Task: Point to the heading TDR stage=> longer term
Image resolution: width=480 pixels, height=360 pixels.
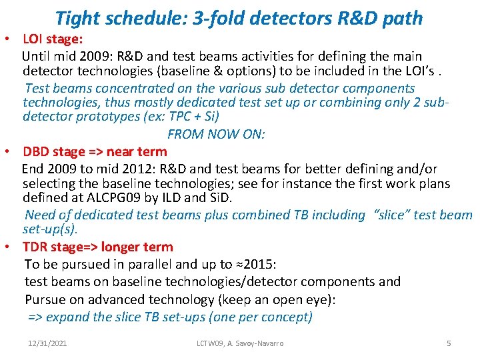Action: pyautogui.click(x=97, y=247)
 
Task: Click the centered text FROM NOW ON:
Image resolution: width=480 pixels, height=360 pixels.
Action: pyautogui.click(x=216, y=134)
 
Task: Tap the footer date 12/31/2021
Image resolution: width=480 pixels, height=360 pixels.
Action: pyautogui.click(x=47, y=343)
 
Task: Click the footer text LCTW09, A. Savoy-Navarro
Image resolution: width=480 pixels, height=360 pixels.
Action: pyautogui.click(x=240, y=343)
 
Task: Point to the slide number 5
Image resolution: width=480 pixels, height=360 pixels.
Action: pyautogui.click(x=449, y=343)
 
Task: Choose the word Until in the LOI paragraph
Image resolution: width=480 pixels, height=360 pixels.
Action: pyautogui.click(x=37, y=57)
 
